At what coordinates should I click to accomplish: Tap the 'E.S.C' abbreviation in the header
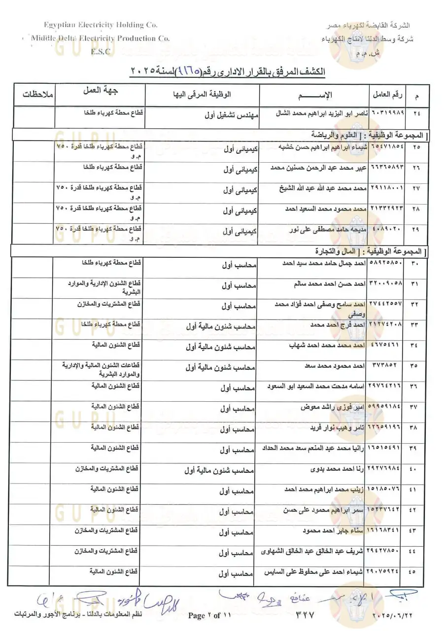pyautogui.click(x=101, y=51)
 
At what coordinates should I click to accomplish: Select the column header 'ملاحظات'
pyautogui.click(x=33, y=93)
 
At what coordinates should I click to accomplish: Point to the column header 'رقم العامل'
pyautogui.click(x=387, y=94)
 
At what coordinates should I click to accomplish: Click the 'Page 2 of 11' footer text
pyautogui.click(x=209, y=615)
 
